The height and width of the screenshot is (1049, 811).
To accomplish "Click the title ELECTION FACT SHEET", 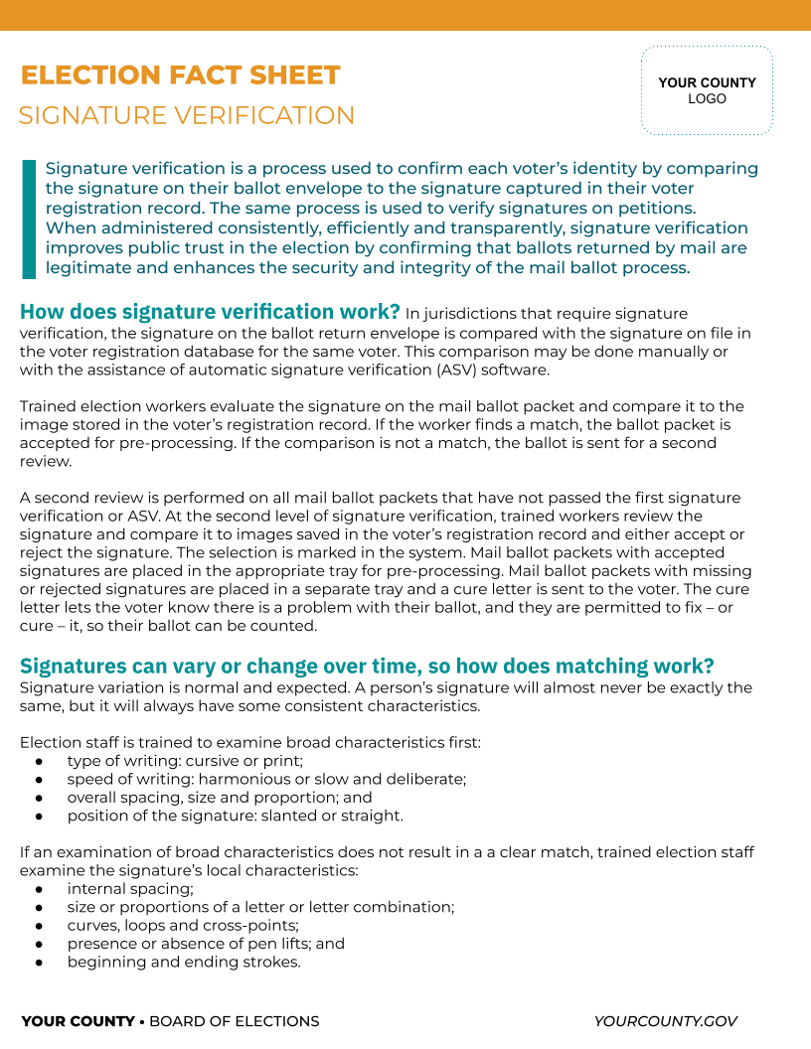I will (x=180, y=75).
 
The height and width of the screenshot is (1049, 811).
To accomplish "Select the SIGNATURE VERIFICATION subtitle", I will (x=187, y=115).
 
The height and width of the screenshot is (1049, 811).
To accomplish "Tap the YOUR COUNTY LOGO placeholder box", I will (x=707, y=90).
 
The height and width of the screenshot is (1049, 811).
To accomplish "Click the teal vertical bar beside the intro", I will (x=28, y=219).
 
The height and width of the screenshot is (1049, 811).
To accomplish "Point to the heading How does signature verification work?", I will (x=210, y=312).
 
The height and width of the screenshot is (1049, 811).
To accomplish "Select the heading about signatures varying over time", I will (x=367, y=666).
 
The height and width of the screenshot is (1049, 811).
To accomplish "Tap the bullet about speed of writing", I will (x=266, y=779).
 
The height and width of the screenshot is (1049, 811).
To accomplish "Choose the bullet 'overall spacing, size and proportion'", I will (x=220, y=797).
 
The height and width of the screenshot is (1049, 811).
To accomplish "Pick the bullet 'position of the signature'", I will (x=236, y=816).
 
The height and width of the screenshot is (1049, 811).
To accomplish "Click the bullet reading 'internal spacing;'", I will (x=130, y=889).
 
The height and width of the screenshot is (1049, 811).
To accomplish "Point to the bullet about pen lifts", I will (x=206, y=944).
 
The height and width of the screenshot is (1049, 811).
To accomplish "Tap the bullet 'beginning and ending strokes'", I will (x=184, y=962).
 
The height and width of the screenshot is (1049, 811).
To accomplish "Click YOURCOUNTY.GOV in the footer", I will (x=665, y=1021).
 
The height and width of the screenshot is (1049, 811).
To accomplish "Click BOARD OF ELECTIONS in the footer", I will (x=235, y=1021).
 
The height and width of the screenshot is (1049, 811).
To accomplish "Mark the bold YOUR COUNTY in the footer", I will (x=78, y=1021).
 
